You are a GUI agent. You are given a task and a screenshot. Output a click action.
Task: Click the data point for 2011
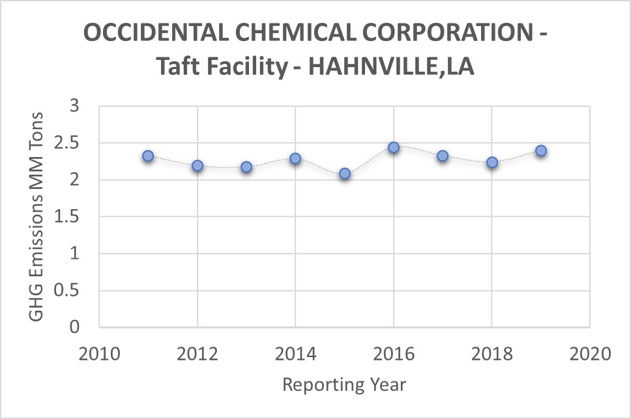(x=148, y=156)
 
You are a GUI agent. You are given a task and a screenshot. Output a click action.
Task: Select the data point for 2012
(x=197, y=166)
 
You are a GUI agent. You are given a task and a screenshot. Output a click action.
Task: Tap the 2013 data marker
(x=246, y=167)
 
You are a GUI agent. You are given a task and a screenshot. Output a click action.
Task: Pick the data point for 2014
(x=295, y=158)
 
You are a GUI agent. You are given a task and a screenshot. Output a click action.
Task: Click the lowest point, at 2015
(x=345, y=173)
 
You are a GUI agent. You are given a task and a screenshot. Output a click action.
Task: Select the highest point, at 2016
(x=394, y=147)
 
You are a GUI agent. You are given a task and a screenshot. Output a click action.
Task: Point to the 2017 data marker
(x=443, y=156)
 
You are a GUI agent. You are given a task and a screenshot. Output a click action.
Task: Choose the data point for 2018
(x=492, y=162)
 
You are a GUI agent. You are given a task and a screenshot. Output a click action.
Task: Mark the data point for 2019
(x=541, y=151)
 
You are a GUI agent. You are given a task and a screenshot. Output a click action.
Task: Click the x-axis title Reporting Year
(x=344, y=384)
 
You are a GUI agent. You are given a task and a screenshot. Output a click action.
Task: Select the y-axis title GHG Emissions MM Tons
(x=37, y=216)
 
